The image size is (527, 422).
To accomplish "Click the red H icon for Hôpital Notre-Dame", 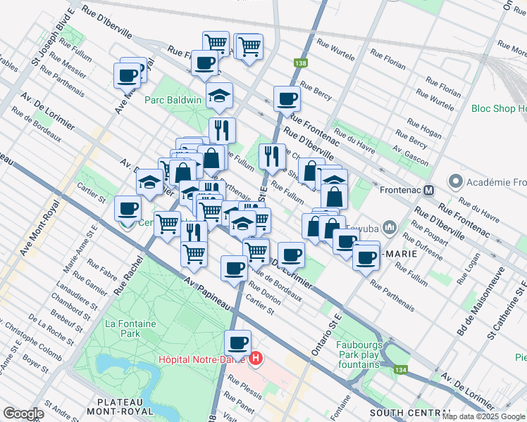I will click(256, 359).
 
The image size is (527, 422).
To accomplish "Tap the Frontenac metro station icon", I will click(428, 189).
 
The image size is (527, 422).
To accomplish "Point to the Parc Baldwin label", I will click(173, 100).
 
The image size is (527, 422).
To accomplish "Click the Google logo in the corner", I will click(23, 414).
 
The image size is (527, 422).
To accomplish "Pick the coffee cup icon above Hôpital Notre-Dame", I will click(238, 343).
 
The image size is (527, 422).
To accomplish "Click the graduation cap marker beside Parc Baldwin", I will click(219, 94).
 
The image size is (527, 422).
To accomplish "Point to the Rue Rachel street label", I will click(128, 274).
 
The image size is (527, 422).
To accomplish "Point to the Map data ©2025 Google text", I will click(483, 416).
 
